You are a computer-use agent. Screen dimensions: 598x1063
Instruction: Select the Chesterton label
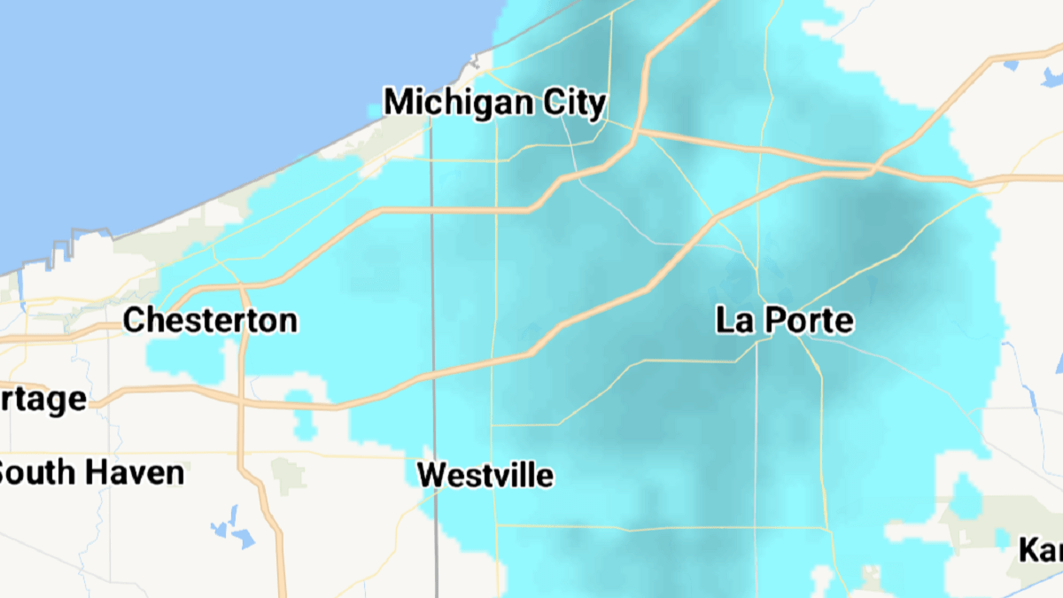pos(210,320)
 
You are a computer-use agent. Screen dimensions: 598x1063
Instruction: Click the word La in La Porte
pos(733,320)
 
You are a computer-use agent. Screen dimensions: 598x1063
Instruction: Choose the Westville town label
pos(485,475)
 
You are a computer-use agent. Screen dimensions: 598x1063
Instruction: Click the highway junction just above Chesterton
pos(241,286)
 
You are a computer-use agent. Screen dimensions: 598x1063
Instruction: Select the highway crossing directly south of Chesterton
pos(241,401)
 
